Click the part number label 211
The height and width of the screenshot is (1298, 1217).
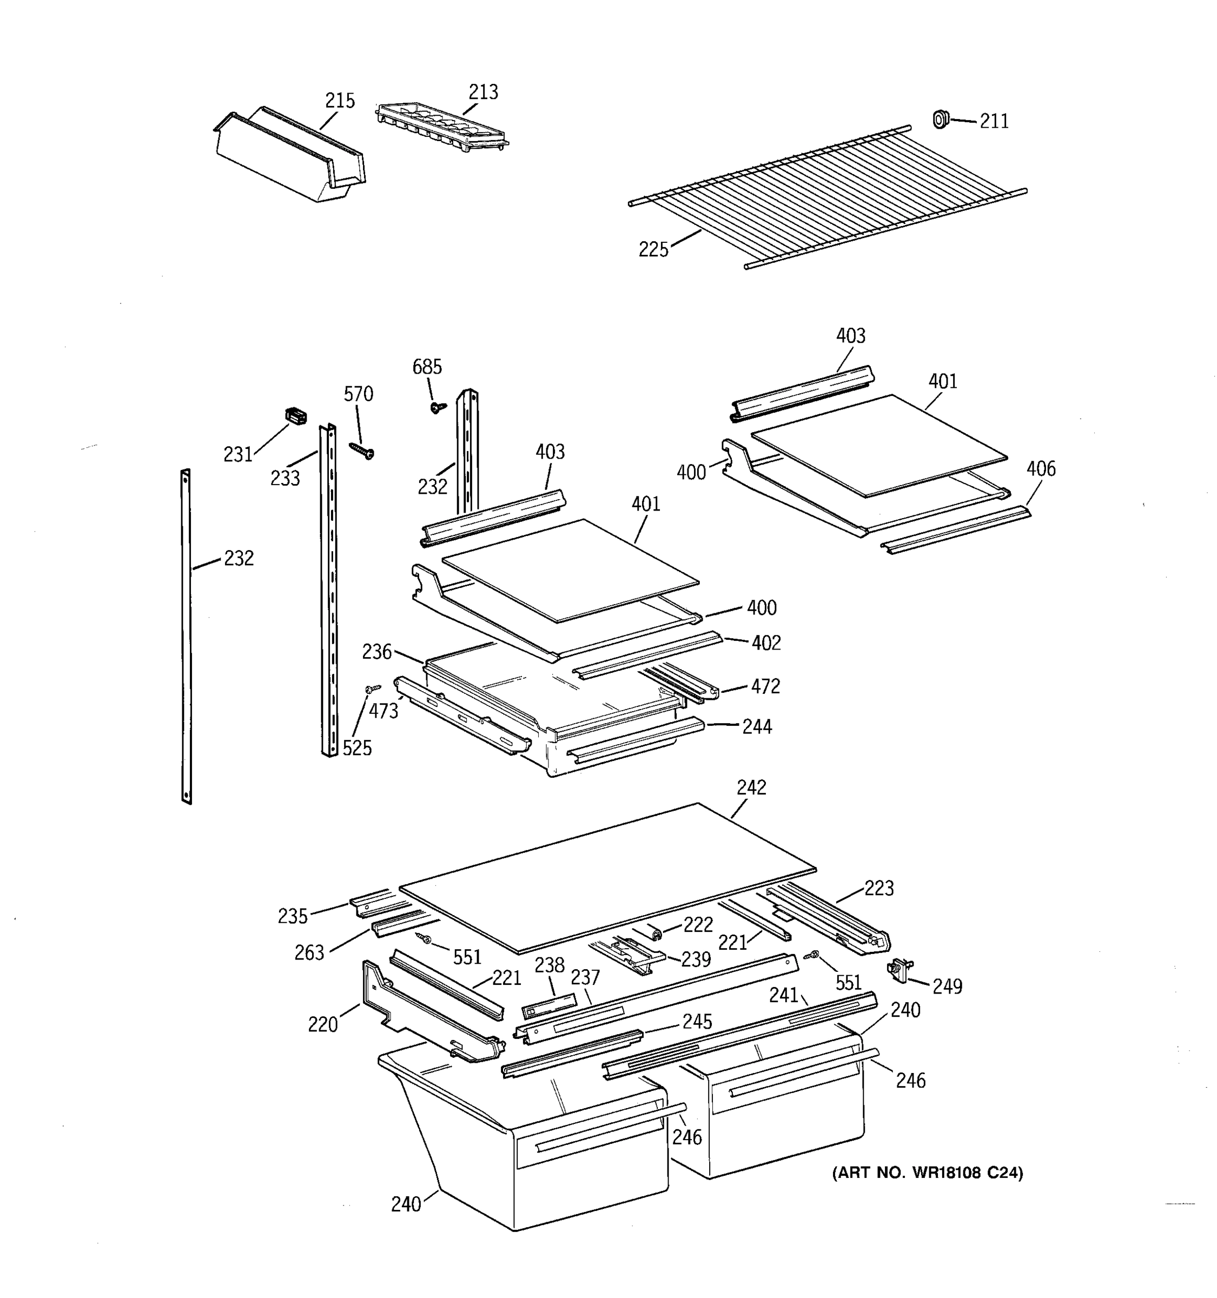click(x=994, y=122)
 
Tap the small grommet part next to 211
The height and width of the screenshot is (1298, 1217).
click(x=940, y=119)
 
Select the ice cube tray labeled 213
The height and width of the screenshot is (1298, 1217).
click(x=441, y=127)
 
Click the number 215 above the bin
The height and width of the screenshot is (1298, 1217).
click(x=340, y=101)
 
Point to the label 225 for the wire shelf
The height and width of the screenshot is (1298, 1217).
click(x=653, y=249)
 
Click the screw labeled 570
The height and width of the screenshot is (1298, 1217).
click(x=362, y=450)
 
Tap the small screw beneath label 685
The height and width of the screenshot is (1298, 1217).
click(x=438, y=407)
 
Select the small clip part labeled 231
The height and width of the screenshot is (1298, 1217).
click(x=296, y=415)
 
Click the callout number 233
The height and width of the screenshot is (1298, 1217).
click(x=285, y=479)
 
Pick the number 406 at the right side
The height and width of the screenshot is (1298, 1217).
click(x=1041, y=468)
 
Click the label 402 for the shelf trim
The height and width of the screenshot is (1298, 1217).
click(x=766, y=643)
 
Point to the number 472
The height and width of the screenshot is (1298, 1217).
click(x=765, y=686)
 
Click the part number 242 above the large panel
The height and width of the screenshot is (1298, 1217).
click(x=751, y=787)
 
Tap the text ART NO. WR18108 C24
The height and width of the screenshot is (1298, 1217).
click(x=927, y=1173)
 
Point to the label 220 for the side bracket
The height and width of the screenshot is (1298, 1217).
click(x=322, y=1024)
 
